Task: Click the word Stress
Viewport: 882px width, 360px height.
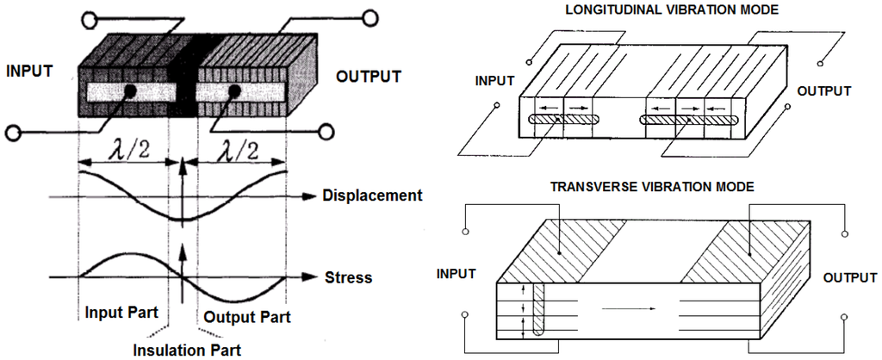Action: click(348, 278)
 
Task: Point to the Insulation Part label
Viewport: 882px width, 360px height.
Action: click(186, 350)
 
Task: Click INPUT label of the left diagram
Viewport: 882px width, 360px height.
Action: click(30, 71)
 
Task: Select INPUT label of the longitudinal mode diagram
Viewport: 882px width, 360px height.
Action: click(494, 81)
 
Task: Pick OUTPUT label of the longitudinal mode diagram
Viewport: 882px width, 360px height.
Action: click(823, 90)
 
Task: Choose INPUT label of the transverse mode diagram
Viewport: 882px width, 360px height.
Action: click(457, 274)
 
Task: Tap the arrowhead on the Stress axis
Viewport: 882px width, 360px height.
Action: click(313, 278)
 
